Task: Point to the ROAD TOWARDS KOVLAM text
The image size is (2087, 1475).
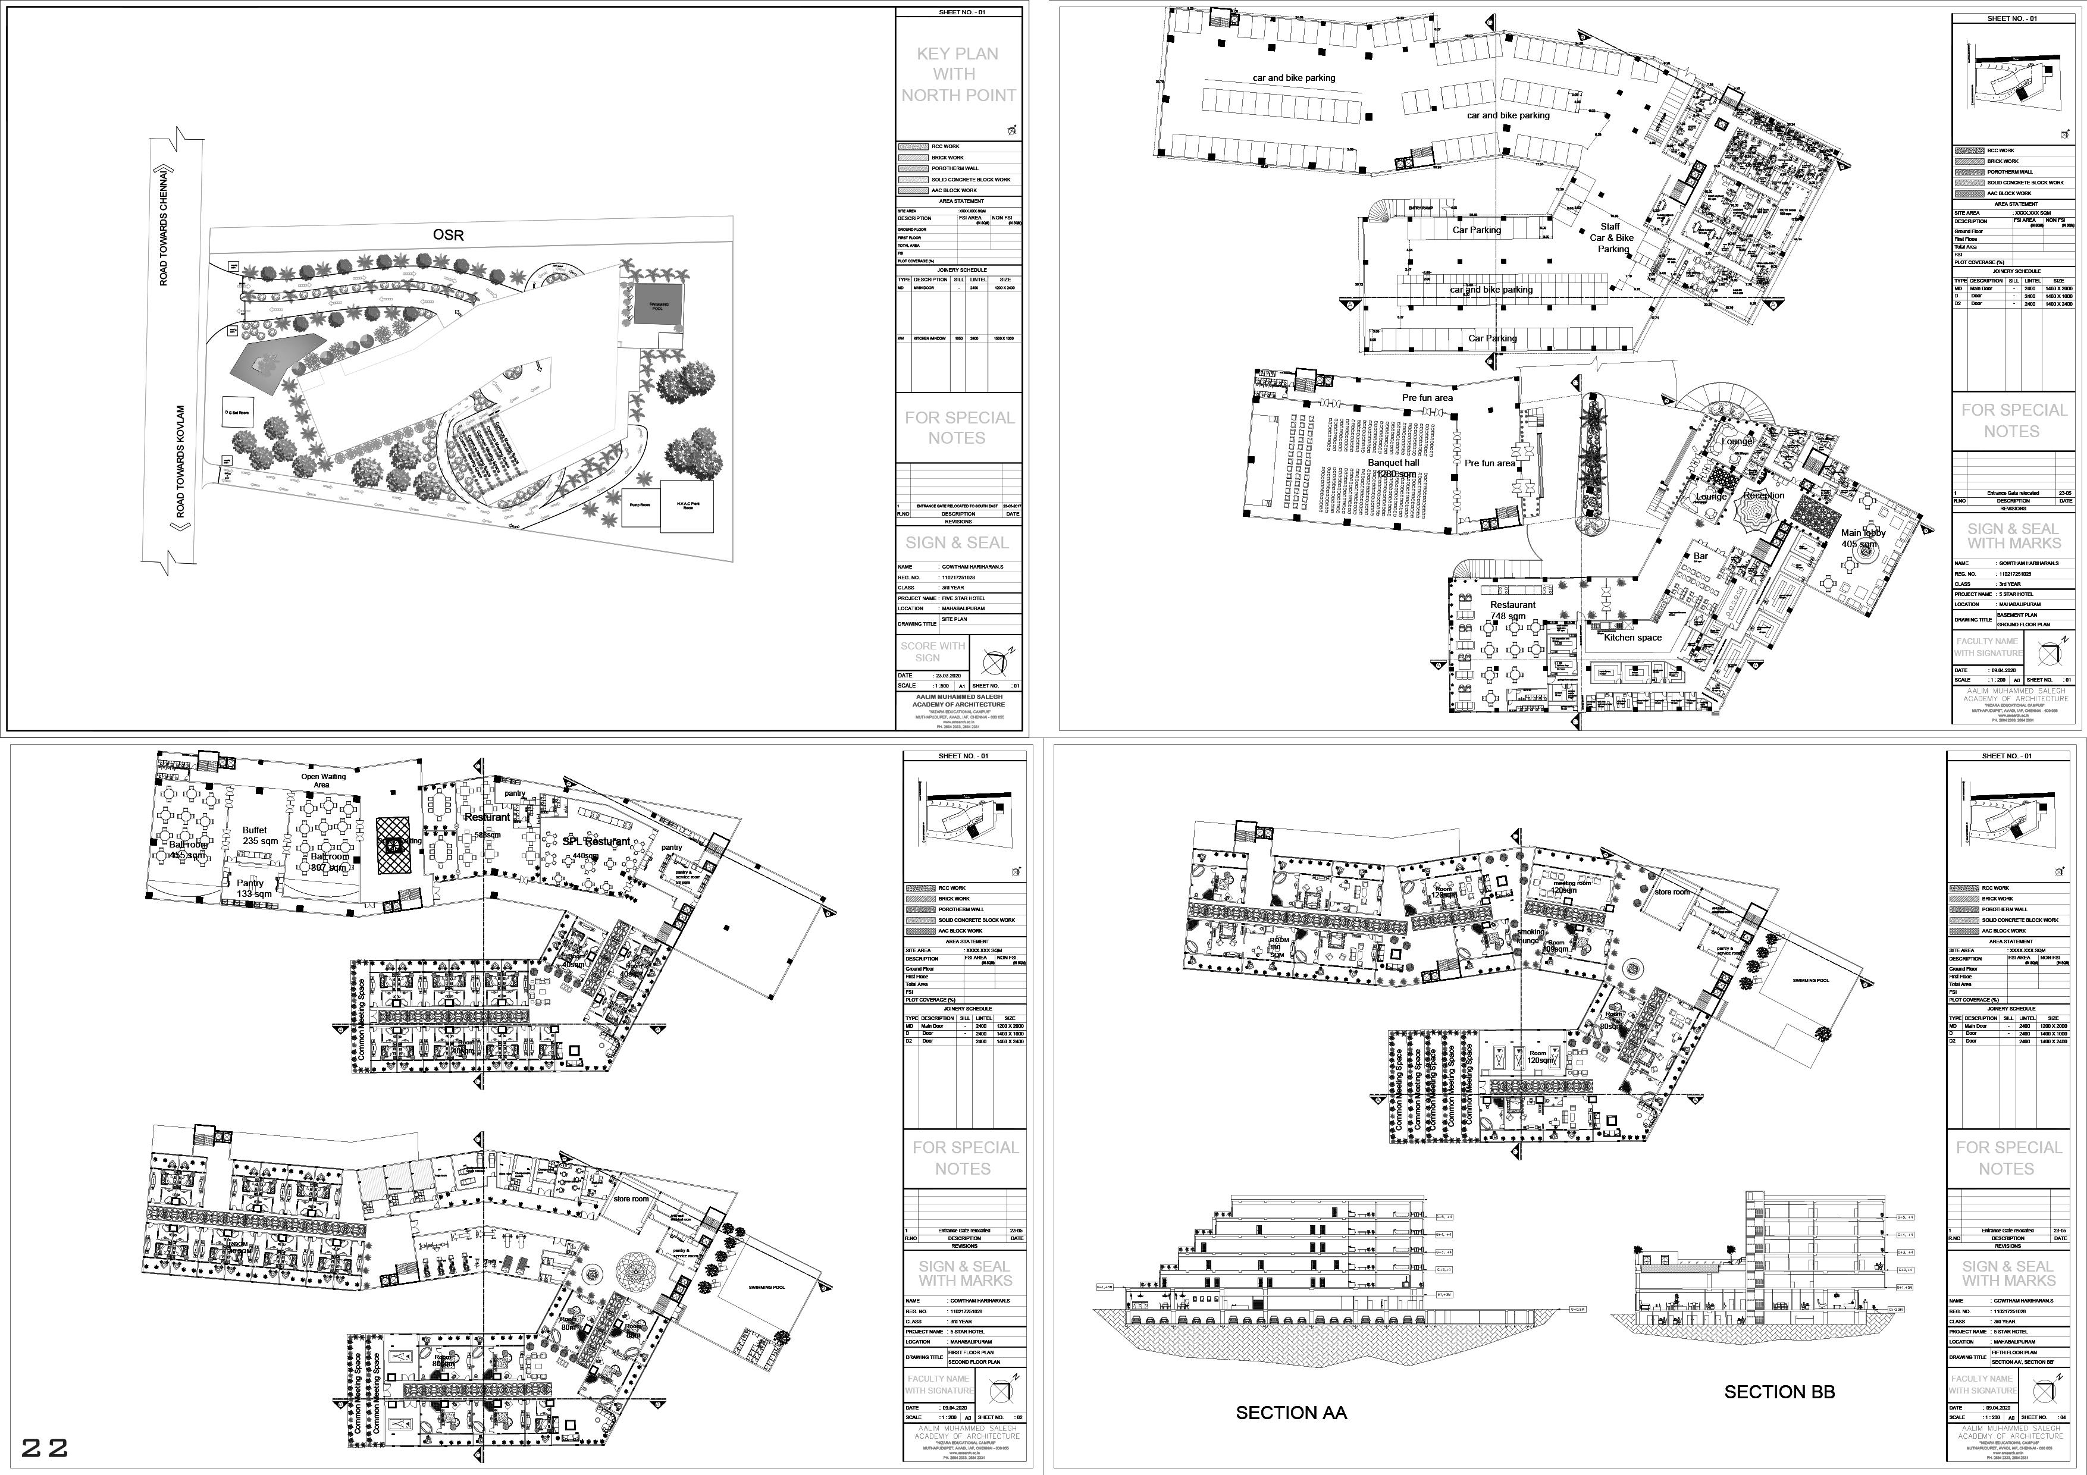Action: pyautogui.click(x=181, y=462)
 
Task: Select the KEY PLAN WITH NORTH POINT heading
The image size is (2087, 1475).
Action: pyautogui.click(x=957, y=74)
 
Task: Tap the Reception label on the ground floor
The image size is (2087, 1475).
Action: pyautogui.click(x=1763, y=495)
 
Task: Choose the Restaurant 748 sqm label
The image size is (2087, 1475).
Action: pyautogui.click(x=1512, y=610)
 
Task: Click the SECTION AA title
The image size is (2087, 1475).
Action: pyautogui.click(x=1291, y=1413)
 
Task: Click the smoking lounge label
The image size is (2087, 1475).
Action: pyautogui.click(x=1529, y=936)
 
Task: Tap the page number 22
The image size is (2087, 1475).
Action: pyautogui.click(x=45, y=1448)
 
